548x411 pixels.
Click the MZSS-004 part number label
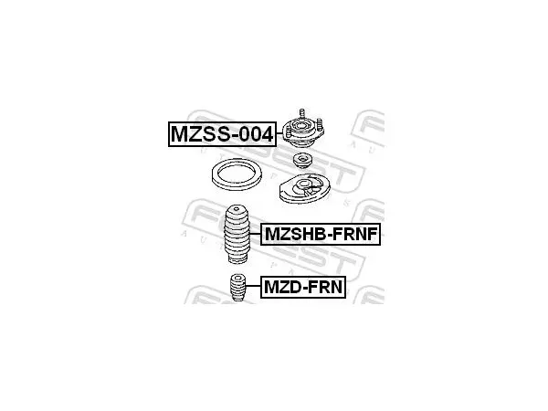222,134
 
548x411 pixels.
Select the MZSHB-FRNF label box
321,234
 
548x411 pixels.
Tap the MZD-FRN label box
303,287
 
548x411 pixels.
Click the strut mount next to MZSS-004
303,131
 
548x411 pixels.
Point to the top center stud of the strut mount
302,114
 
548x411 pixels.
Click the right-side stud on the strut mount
320,124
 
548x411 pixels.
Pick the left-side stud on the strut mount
289,132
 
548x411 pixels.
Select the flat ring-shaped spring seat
237,174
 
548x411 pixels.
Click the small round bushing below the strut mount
302,161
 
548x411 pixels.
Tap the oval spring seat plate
305,188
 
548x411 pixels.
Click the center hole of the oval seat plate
304,184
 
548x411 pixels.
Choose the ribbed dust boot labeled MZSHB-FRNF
237,234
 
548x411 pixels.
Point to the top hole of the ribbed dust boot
237,209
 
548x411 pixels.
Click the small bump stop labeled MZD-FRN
237,288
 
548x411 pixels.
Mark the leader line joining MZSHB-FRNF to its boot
256,234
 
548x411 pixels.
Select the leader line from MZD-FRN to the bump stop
253,286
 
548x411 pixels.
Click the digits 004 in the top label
257,134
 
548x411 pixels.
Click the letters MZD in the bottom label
281,287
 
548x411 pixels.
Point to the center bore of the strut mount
300,125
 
